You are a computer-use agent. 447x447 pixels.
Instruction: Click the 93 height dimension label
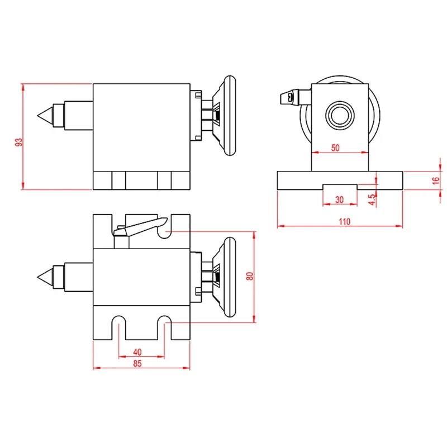tap(19, 142)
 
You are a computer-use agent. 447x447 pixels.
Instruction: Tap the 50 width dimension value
tap(335, 148)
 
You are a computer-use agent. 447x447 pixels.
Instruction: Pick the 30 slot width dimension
tap(339, 199)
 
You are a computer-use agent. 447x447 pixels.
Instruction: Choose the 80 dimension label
tap(250, 275)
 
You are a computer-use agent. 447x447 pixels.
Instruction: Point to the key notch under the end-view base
tap(339, 186)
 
